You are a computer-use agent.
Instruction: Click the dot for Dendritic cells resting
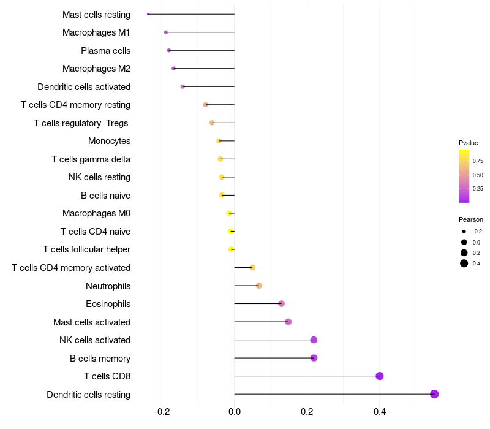pyautogui.click(x=434, y=394)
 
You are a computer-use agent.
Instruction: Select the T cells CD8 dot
pyautogui.click(x=380, y=376)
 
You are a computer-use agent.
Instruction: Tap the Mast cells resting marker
pyautogui.click(x=148, y=14)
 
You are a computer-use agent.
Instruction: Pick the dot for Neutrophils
pyautogui.click(x=258, y=286)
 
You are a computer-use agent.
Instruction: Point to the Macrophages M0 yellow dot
pyautogui.click(x=229, y=213)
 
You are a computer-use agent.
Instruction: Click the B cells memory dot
pyautogui.click(x=314, y=358)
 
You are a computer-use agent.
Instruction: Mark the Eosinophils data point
pyautogui.click(x=281, y=304)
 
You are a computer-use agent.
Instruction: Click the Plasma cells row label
pyautogui.click(x=105, y=51)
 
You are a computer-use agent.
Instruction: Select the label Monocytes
pyautogui.click(x=109, y=141)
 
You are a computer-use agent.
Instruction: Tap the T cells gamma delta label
pyautogui.click(x=91, y=159)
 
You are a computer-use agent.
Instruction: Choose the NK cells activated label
pyautogui.click(x=95, y=340)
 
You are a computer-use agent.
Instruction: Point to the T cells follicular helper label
pyautogui.click(x=86, y=249)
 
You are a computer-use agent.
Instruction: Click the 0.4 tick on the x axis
pyautogui.click(x=380, y=412)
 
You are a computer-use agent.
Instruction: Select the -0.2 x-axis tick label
pyautogui.click(x=162, y=412)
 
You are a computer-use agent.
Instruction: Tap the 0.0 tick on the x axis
pyautogui.click(x=235, y=412)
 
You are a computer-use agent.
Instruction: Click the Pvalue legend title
pyautogui.click(x=469, y=143)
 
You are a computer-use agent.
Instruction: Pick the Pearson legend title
pyautogui.click(x=471, y=219)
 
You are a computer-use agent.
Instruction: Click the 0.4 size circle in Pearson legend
pyautogui.click(x=464, y=264)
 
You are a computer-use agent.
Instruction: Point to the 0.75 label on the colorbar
pyautogui.click(x=478, y=161)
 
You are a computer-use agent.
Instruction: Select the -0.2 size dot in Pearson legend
pyautogui.click(x=464, y=232)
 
